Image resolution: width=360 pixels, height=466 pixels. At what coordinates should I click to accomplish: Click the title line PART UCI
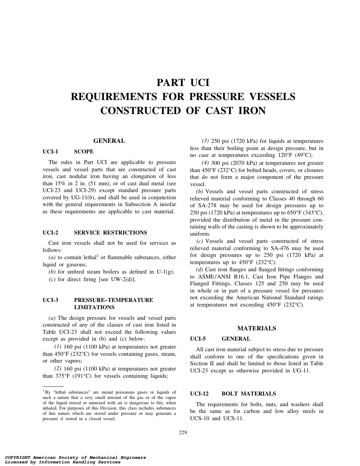pyautogui.click(x=183, y=83)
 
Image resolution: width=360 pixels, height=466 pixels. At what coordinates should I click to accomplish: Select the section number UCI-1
pyautogui.click(x=50, y=152)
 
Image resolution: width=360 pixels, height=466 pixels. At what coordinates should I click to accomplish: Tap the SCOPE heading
pyautogui.click(x=84, y=152)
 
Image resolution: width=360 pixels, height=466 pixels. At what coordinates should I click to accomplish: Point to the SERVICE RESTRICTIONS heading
pyautogui.click(x=111, y=233)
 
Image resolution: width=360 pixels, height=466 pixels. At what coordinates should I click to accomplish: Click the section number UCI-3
pyautogui.click(x=50, y=300)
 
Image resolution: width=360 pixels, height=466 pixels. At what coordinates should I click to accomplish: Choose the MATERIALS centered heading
pyautogui.click(x=257, y=328)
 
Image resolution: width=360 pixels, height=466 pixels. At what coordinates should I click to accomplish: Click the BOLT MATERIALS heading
pyautogui.click(x=249, y=394)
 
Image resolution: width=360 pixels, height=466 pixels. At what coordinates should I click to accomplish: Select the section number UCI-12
pyautogui.click(x=199, y=394)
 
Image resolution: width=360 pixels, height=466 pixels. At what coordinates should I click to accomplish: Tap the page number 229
pyautogui.click(x=183, y=433)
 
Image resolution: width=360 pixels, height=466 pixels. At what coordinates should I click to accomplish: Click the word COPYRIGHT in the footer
pyautogui.click(x=18, y=458)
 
